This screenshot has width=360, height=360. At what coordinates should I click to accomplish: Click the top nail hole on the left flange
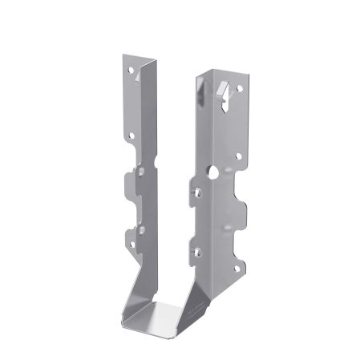click(131, 71)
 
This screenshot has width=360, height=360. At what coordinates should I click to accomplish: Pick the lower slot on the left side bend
click(143, 233)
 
